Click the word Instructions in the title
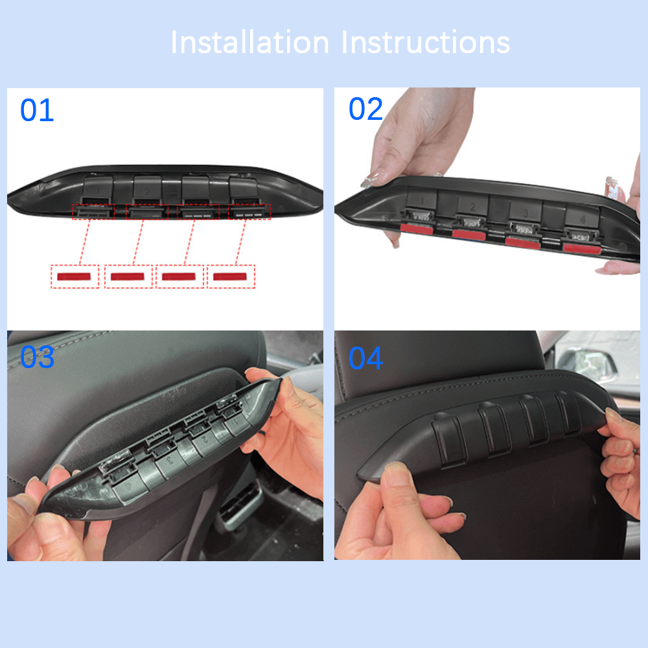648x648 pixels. pos(426,43)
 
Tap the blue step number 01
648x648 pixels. pos(37,111)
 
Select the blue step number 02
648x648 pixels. pos(365,110)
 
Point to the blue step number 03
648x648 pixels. pos(37,358)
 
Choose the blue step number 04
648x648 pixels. pos(365,358)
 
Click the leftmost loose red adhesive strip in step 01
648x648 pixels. pos(75,277)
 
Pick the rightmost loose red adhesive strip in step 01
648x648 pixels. pos(231,277)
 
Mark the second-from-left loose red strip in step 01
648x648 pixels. pos(128,277)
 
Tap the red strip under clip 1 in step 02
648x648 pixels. pos(417,227)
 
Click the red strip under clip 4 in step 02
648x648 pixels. pos(581,247)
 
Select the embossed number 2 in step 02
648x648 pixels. pos(472,207)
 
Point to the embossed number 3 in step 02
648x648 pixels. pos(526,213)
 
